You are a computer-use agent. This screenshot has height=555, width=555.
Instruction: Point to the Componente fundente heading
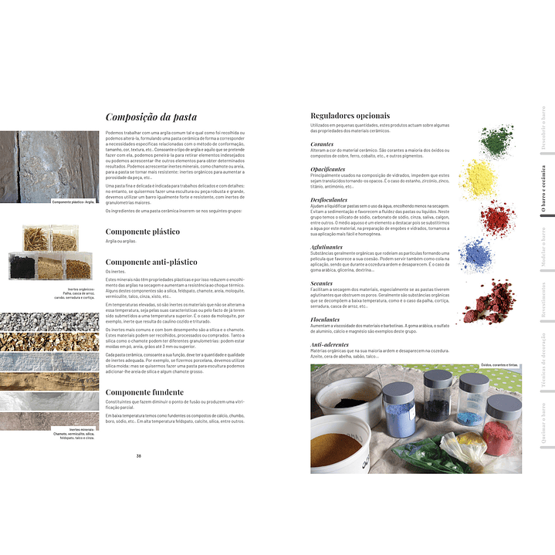(144, 392)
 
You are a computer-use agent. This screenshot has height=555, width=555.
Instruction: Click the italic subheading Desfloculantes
(329, 200)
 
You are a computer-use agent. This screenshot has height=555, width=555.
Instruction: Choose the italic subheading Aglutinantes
(327, 247)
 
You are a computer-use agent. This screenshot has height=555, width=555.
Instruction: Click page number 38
(139, 456)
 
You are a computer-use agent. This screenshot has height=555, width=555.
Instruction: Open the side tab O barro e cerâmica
(542, 189)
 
